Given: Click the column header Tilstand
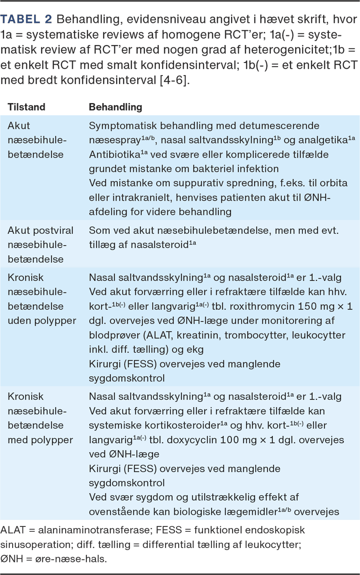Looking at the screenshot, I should [26, 108].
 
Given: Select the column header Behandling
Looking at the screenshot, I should [115, 108].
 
